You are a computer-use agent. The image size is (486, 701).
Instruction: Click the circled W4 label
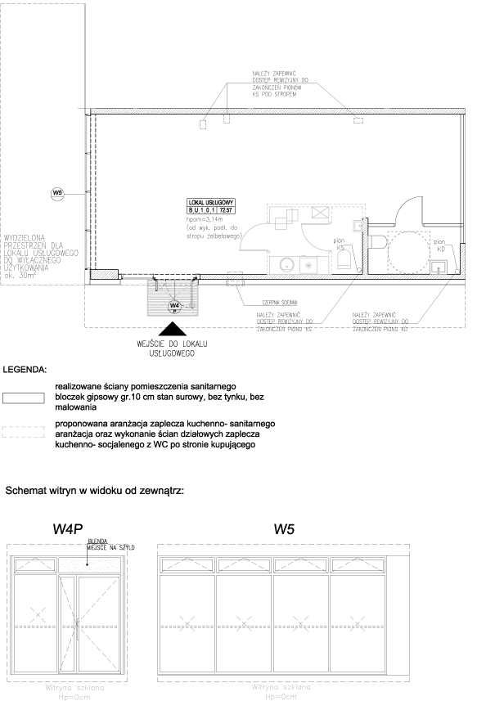point(173,306)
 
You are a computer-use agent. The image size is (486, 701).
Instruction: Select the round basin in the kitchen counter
point(286,264)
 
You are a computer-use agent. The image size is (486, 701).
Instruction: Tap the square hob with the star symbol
point(308,264)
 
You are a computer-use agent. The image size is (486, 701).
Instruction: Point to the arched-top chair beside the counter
point(344,259)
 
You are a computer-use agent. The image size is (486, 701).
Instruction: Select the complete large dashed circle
point(408,252)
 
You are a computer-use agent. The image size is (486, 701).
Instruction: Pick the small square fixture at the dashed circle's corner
point(439,267)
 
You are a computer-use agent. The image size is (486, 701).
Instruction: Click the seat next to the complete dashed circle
point(376,242)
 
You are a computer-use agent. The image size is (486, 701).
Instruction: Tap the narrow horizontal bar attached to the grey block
point(137,276)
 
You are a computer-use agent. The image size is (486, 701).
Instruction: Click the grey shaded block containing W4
point(173,297)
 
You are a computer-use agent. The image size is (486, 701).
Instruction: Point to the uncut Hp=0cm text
point(281,697)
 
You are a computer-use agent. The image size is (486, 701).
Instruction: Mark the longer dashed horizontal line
point(272,627)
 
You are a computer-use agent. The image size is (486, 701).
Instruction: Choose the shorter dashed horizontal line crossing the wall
point(65,627)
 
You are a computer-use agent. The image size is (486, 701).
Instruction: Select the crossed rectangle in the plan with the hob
point(320,213)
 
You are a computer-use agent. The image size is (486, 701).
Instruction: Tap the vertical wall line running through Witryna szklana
point(87,630)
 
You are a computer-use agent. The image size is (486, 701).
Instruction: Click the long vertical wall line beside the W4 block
point(87,191)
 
